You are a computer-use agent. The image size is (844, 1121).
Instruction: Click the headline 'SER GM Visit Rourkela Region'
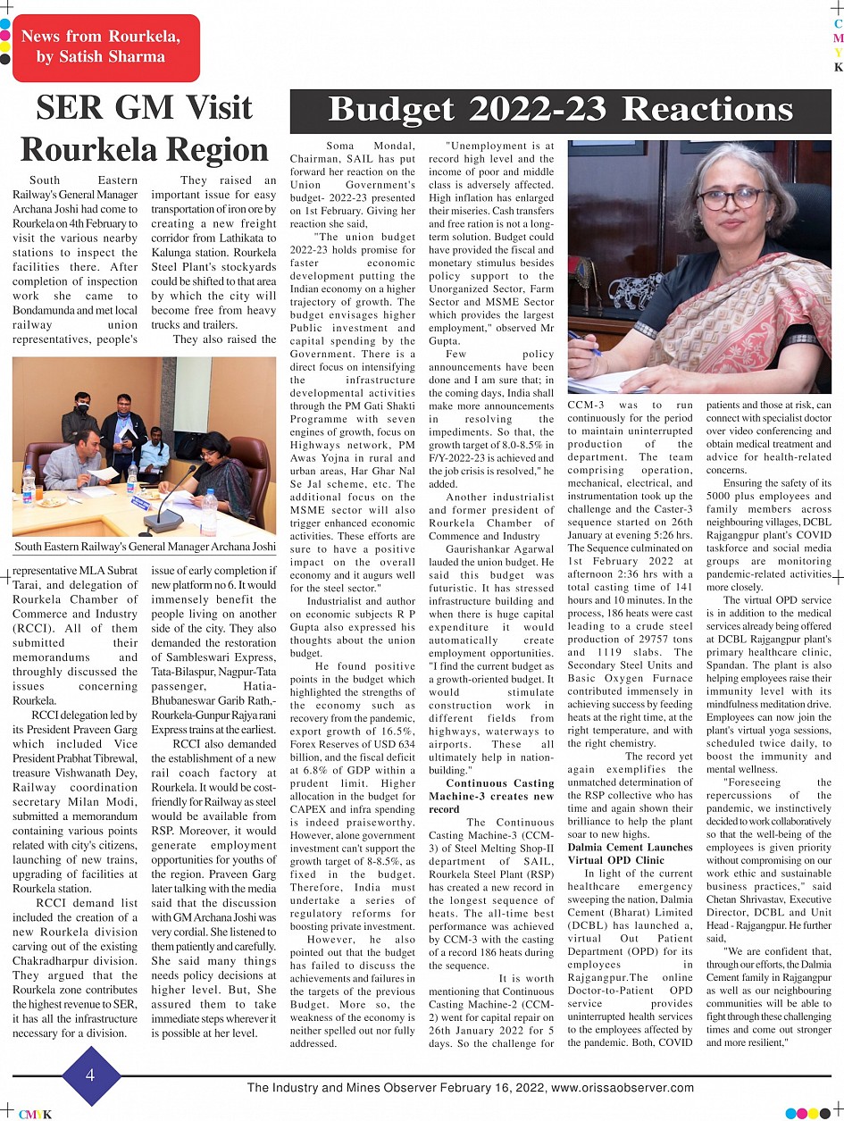pyautogui.click(x=144, y=128)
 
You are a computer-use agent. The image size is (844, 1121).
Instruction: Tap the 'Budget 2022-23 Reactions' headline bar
pyautogui.click(x=560, y=110)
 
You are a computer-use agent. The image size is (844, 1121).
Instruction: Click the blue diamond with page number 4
pyautogui.click(x=90, y=1075)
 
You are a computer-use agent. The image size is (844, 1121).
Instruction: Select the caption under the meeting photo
pyautogui.click(x=146, y=546)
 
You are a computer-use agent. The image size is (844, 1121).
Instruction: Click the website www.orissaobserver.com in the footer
pyautogui.click(x=623, y=1088)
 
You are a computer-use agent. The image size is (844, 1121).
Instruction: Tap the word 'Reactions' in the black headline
pyautogui.click(x=707, y=110)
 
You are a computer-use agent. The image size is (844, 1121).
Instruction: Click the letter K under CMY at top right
pyautogui.click(x=838, y=68)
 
